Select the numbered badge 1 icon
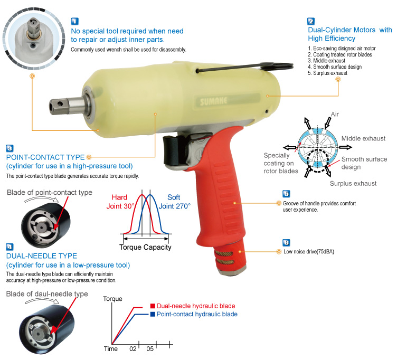tap(75, 22)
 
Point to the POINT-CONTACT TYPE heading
tap(45, 157)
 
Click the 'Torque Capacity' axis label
tap(145, 247)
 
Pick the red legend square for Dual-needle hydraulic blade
tap(152, 306)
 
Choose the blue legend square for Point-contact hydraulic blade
tap(152, 314)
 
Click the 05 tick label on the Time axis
tap(150, 349)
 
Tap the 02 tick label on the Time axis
tap(134, 349)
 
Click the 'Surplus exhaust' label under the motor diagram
tap(353, 183)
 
